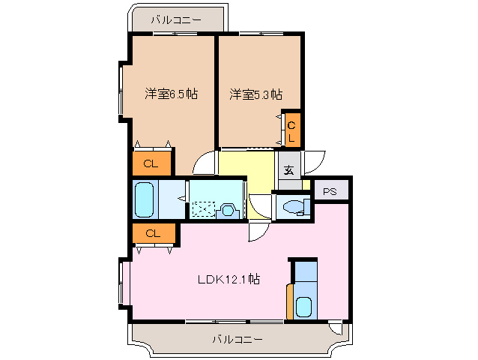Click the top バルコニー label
pos(176,20)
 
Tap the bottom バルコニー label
pos(237,340)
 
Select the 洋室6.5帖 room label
pos(172,94)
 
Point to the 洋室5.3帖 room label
pos(255,94)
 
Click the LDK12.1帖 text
pos(229,279)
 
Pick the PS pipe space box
pos(330,192)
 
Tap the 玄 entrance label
pos(288,169)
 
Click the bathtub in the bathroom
pos(145,199)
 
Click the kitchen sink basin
pos(303,307)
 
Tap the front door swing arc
pos(314,160)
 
